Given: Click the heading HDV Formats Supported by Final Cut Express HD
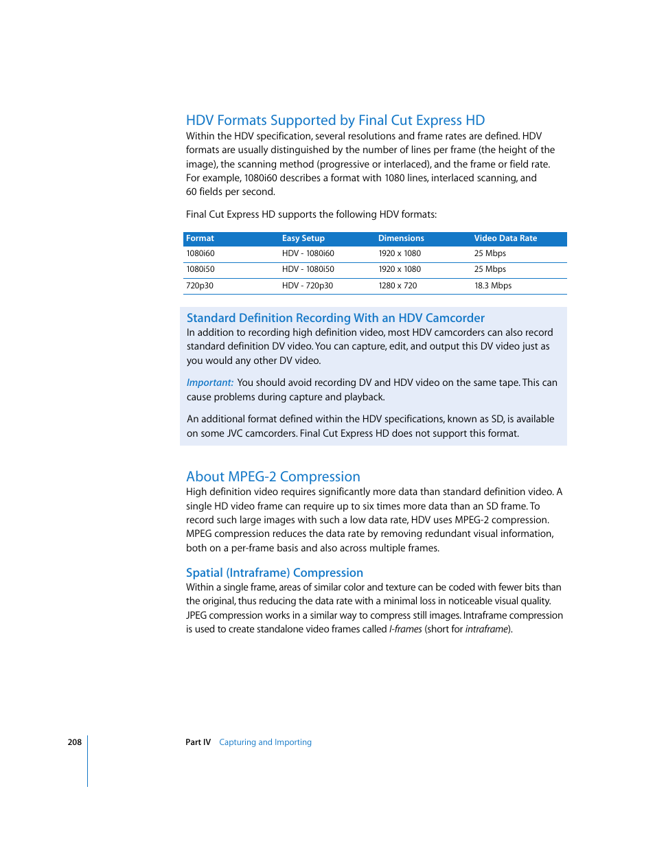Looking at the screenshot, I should pos(335,120).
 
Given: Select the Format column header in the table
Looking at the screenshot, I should pos(200,238).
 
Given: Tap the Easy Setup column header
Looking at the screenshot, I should pos(303,238).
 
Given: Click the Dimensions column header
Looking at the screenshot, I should pos(401,238).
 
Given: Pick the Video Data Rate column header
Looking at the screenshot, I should pos(505,238).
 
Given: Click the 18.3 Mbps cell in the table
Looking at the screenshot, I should pos(492,286).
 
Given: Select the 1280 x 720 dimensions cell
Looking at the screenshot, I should pos(398,286).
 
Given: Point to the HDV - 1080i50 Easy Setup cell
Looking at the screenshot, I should pos(308,269).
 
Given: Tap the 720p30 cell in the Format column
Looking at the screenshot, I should pos(200,286).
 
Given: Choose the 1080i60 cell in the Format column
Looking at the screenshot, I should pos(200,253).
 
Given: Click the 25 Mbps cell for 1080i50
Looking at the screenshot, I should pos(490,269).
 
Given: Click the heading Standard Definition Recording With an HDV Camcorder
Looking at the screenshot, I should pos(335,318).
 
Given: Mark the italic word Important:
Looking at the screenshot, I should pos(209,382).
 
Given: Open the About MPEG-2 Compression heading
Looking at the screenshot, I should pos(273,477).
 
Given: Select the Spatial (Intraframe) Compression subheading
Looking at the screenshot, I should pos(274,573).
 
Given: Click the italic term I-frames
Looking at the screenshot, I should pos(405,629).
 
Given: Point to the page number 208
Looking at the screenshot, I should pos(74,742).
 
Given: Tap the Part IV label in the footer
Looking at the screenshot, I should pos(198,742).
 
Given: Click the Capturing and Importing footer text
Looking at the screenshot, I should pos(265,742).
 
